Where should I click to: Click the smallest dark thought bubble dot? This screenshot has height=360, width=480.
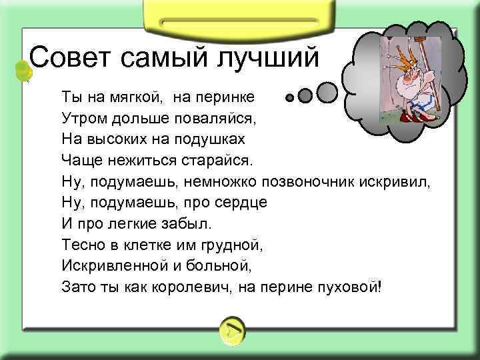[289, 98]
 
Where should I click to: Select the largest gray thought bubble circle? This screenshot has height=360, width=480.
[327, 91]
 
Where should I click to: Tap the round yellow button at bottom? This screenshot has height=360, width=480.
[231, 329]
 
